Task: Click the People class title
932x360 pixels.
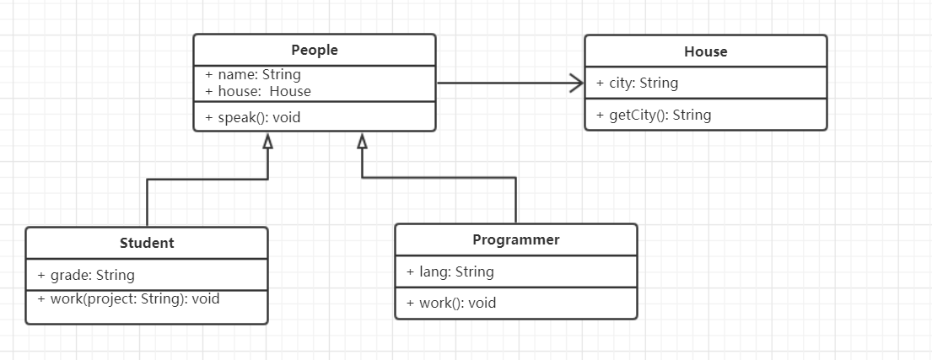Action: pos(315,50)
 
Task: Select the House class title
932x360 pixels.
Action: pos(705,51)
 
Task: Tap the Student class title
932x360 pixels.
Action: pos(147,243)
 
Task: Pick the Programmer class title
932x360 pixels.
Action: pos(515,239)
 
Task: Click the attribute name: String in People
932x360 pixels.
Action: pos(253,74)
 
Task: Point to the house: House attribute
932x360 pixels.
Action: pos(258,91)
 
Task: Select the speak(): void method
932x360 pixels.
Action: pos(253,117)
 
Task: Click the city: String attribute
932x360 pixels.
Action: pos(637,83)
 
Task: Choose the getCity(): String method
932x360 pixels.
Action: pos(654,115)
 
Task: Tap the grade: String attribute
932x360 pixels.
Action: pos(86,275)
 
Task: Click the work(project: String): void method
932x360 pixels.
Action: pos(128,298)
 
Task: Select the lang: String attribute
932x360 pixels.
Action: pos(450,271)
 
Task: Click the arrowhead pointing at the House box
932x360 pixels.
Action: pos(577,83)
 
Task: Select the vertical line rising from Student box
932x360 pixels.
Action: pos(147,202)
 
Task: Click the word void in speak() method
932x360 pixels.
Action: pos(286,117)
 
